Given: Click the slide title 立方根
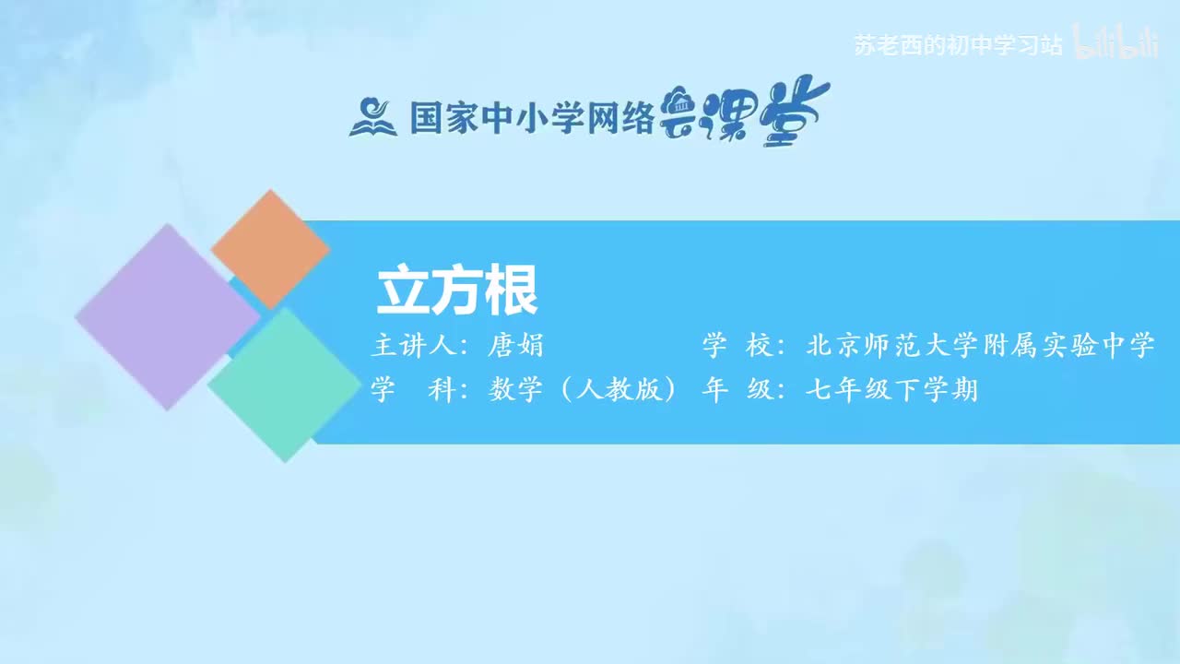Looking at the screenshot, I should point(457,291).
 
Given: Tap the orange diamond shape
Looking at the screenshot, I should point(270,249).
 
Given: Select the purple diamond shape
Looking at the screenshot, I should point(167,316).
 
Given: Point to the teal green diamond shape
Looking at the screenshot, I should point(284,385).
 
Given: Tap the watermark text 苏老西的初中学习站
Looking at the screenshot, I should point(959,45).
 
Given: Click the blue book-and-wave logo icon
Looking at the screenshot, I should point(372,118).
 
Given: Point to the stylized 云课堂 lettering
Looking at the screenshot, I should point(745,114).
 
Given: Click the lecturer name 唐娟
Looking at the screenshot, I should point(516,346).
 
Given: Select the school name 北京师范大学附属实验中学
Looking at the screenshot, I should point(981,346).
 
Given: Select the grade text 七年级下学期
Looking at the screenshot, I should point(891,390).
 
